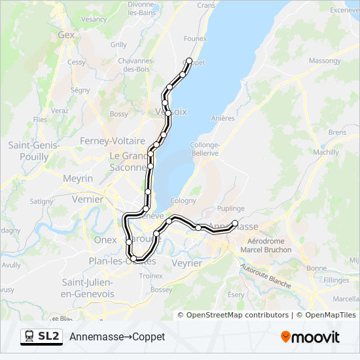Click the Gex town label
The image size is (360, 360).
[67, 35]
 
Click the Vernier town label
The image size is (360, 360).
[88, 199]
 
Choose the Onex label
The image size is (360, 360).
[105, 240]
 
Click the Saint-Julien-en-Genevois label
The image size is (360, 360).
[89, 288]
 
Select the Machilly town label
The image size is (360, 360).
[326, 152]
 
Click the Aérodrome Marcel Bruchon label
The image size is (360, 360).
[266, 244]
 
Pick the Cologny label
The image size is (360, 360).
[183, 201]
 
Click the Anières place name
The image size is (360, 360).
[223, 118]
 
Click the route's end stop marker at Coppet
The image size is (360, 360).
[189, 61]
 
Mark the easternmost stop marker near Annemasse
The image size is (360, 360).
[235, 223]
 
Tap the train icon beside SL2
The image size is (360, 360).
[29, 336]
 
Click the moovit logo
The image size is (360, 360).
[310, 337]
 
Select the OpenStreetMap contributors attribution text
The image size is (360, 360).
[238, 315]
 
